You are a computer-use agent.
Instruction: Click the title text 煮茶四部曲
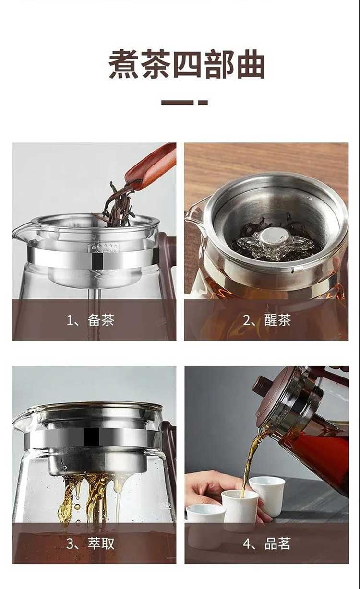coord(187,64)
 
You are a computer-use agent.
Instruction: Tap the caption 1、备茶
coord(91,320)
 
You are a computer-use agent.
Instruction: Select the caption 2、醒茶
coord(266,320)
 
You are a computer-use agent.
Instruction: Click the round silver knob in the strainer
coord(270,236)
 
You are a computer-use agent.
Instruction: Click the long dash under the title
coord(178,102)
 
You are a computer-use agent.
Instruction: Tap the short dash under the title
coord(203,102)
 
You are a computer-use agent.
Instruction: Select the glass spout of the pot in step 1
coord(23,231)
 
